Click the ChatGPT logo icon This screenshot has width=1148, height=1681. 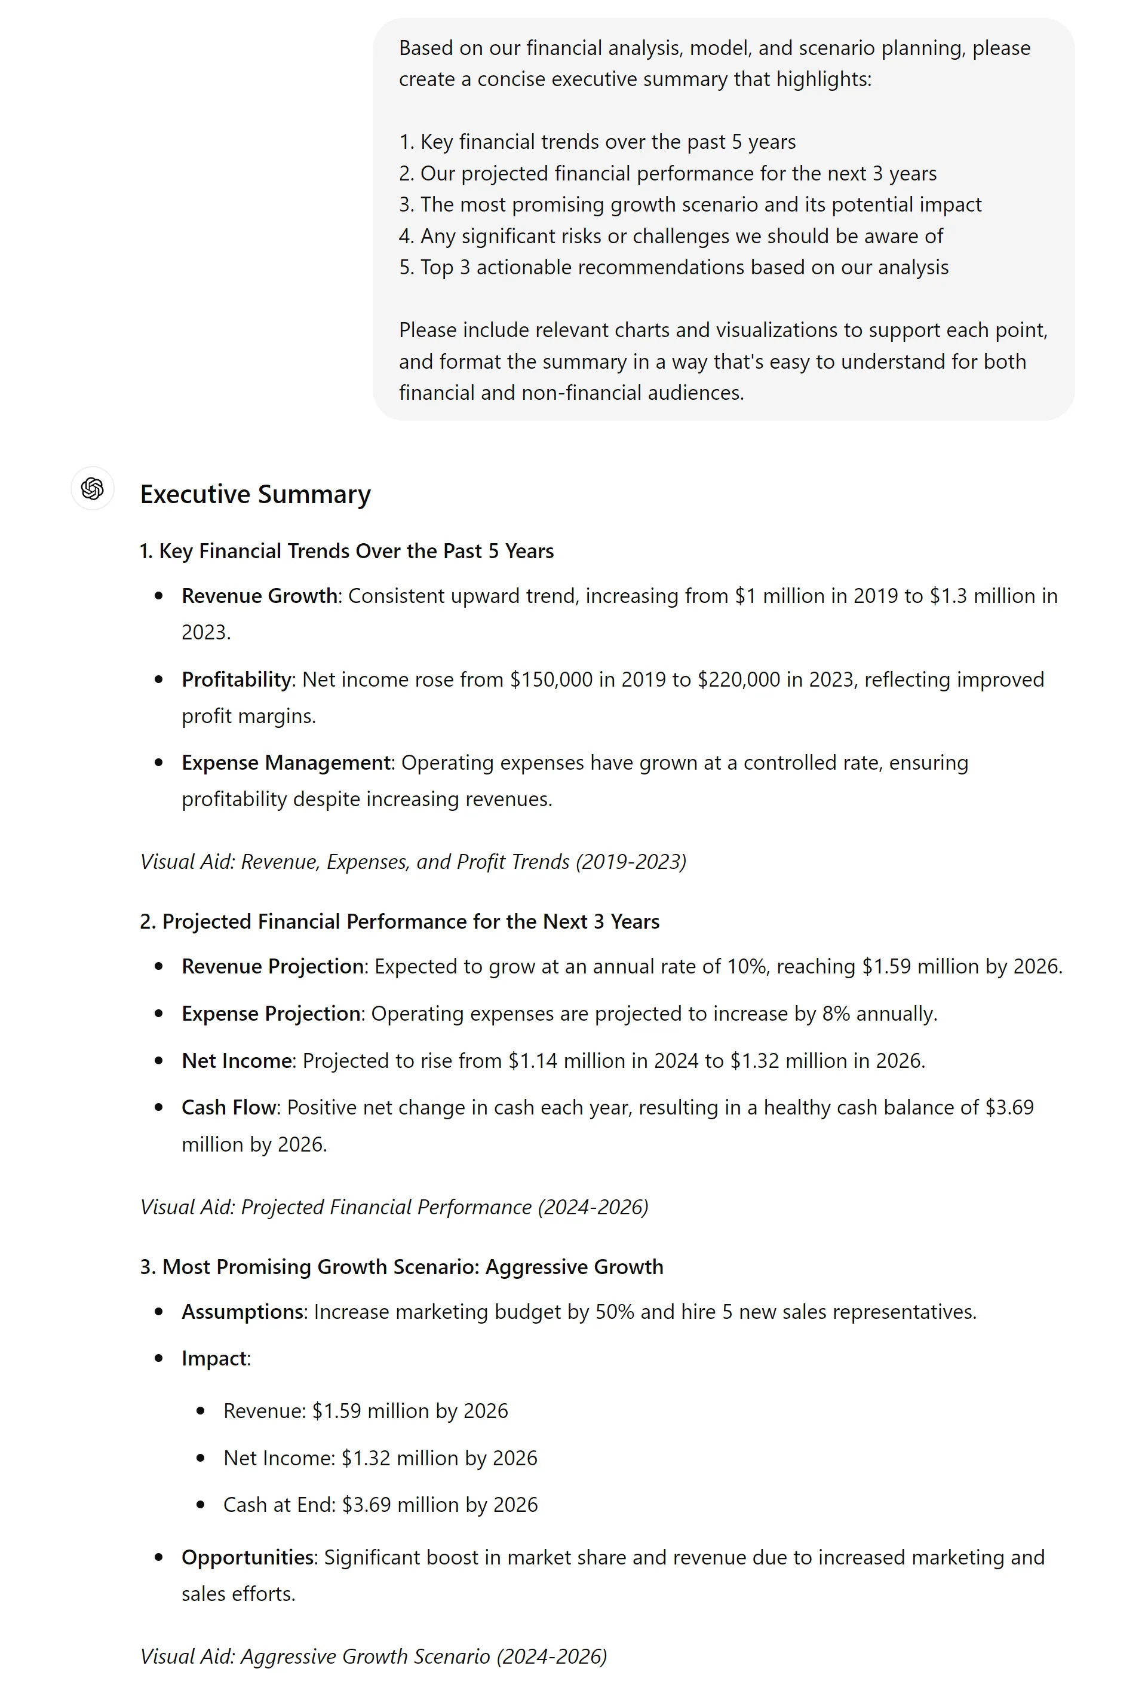pos(93,489)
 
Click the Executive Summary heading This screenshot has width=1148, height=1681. pos(255,495)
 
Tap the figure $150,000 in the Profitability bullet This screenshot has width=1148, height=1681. pos(551,680)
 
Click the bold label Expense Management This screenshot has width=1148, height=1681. pos(286,763)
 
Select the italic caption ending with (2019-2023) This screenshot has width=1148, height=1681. pos(413,862)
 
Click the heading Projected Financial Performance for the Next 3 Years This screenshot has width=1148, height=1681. pos(400,921)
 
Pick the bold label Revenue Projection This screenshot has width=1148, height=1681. pos(272,966)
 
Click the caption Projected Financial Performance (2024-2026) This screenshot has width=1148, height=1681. pos(394,1207)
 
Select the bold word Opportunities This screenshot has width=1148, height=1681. pos(248,1557)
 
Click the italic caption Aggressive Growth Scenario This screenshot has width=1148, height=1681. pos(373,1656)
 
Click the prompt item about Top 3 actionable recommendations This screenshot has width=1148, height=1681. pos(674,268)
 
